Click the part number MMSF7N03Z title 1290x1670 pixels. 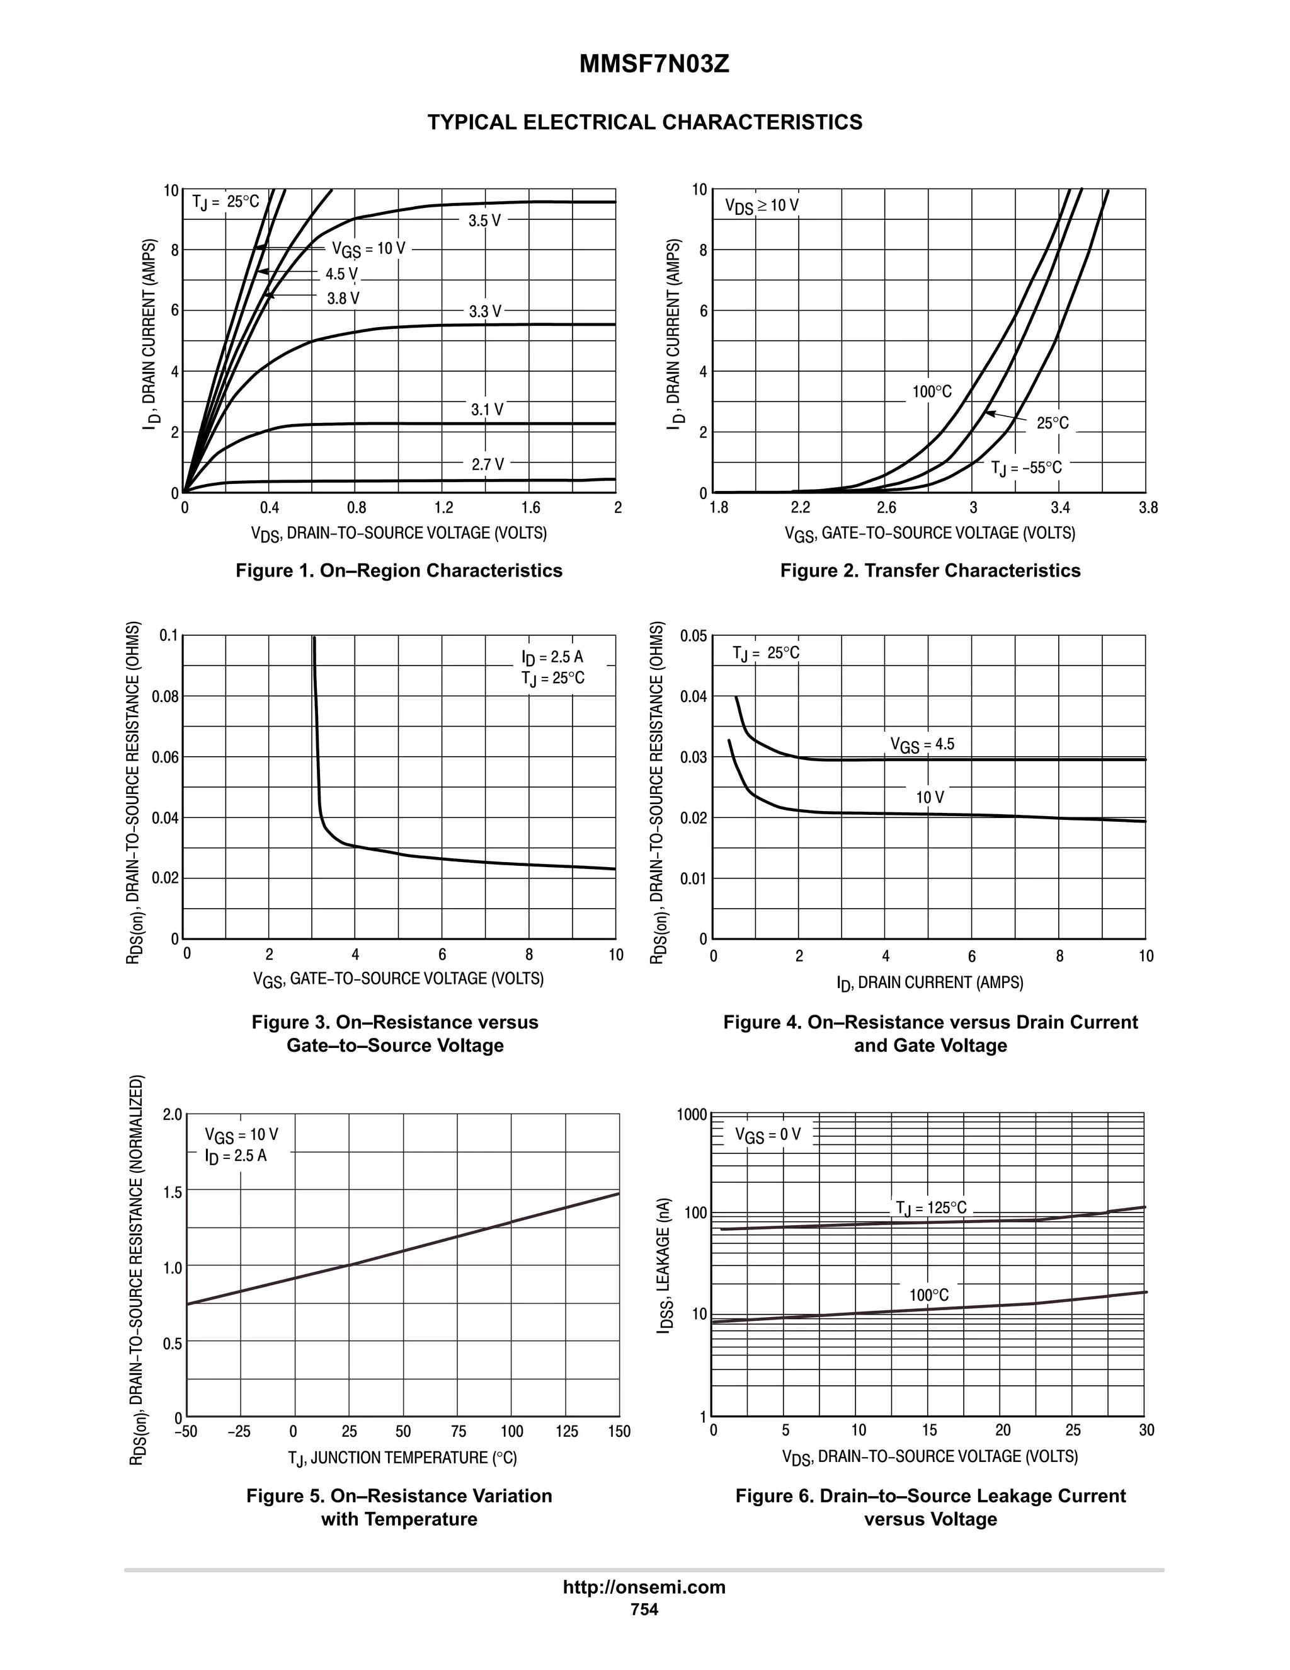(x=654, y=64)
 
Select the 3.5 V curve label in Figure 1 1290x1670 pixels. (x=484, y=221)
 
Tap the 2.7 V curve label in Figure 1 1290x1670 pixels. (x=488, y=464)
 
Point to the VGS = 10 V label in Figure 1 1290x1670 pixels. (x=368, y=248)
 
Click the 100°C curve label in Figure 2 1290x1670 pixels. (x=932, y=391)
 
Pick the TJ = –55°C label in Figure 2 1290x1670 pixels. (x=1026, y=467)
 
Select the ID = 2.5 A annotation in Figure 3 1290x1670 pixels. (x=552, y=657)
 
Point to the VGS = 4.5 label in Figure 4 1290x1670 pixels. (x=922, y=744)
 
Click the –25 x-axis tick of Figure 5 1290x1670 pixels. (x=239, y=1431)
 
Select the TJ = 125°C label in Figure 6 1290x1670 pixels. (x=931, y=1207)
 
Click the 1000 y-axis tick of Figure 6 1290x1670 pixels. (x=692, y=1115)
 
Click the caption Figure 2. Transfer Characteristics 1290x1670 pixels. (x=930, y=570)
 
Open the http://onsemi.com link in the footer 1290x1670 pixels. (x=644, y=1587)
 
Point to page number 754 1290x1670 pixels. (x=644, y=1609)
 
